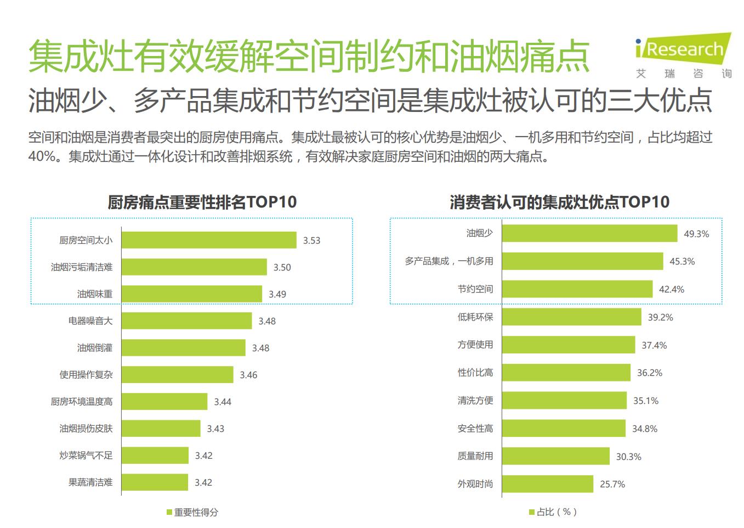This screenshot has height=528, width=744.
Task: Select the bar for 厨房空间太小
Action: (x=209, y=240)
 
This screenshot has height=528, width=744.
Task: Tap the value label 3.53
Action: (x=311, y=240)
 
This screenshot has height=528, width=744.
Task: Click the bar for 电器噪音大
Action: (x=186, y=321)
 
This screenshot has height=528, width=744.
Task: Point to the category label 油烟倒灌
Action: (x=95, y=348)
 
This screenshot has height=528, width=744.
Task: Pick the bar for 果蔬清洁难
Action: (x=155, y=482)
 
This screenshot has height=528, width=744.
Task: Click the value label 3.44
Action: (x=223, y=402)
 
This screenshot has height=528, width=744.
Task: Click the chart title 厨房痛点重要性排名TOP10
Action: (x=202, y=202)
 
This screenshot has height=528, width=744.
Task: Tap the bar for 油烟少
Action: (x=589, y=233)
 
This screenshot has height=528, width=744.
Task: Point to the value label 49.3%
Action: (x=696, y=234)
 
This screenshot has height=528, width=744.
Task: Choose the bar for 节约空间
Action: (x=577, y=289)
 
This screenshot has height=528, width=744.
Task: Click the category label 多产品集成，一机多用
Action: (x=449, y=261)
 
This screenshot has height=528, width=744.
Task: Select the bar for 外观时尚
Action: (x=547, y=484)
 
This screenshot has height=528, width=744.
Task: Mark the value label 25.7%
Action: (x=612, y=484)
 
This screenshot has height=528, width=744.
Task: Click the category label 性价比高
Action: (x=475, y=373)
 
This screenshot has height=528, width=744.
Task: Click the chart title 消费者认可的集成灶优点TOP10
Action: (x=559, y=202)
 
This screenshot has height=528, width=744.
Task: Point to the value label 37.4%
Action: (x=654, y=345)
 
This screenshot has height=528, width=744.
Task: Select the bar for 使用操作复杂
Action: (x=177, y=375)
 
